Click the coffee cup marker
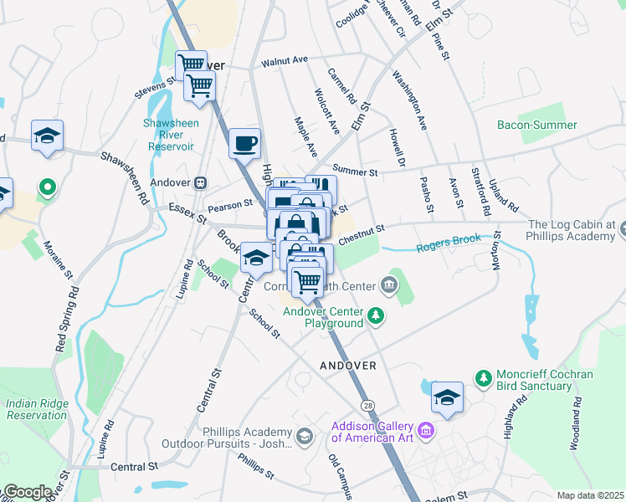245,144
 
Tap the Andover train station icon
201,182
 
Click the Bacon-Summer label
536,125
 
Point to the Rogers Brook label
449,240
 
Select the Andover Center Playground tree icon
377,316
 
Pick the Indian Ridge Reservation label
36,408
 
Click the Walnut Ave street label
285,61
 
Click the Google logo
27,492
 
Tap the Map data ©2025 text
590,495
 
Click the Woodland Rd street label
576,428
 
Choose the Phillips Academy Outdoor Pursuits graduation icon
304,437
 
